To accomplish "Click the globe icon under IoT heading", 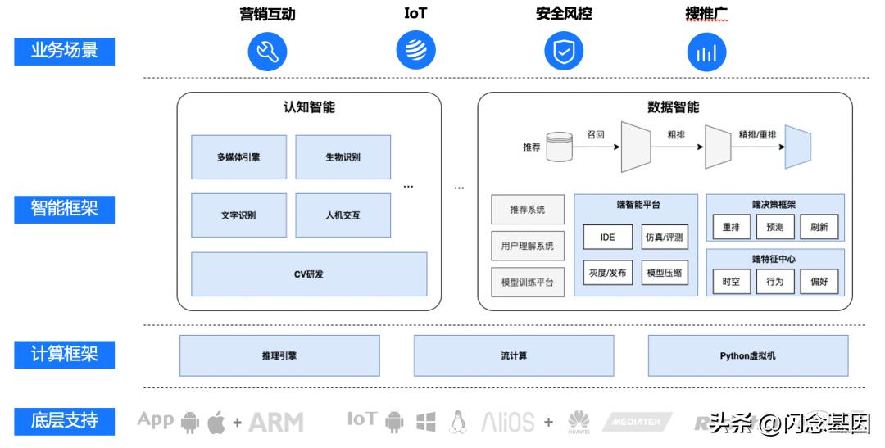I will pyautogui.click(x=416, y=52).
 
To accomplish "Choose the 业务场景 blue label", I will pyautogui.click(x=65, y=51).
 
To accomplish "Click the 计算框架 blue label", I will pyautogui.click(x=65, y=355).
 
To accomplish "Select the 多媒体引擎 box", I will pyautogui.click(x=239, y=157).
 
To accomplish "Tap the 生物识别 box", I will pyautogui.click(x=343, y=157).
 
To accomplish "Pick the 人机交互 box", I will pyautogui.click(x=343, y=216).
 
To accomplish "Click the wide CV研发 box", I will pyautogui.click(x=309, y=274).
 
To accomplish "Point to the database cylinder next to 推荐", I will pyautogui.click(x=560, y=147).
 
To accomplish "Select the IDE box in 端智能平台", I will pyautogui.click(x=607, y=238).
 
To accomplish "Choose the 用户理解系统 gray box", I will pyautogui.click(x=528, y=246).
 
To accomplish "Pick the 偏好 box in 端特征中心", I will pyautogui.click(x=819, y=282).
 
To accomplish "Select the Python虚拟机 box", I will pyautogui.click(x=747, y=356).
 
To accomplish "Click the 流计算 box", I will pyautogui.click(x=514, y=356).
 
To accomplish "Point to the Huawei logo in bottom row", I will pyautogui.click(x=579, y=422).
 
